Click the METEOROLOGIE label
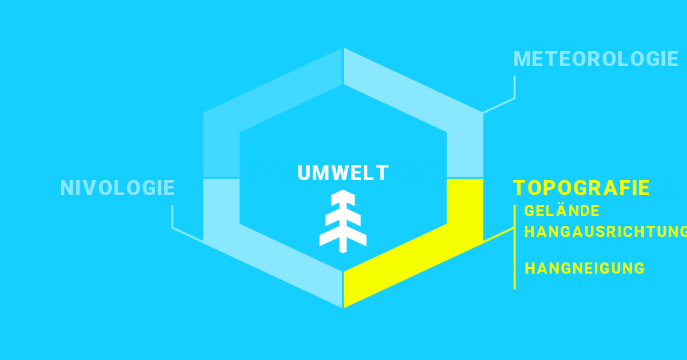point(595,59)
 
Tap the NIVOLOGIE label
point(117,188)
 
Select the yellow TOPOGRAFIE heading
point(582,188)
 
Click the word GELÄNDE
point(561,211)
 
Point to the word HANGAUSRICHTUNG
point(605,232)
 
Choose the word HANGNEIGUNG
point(584,268)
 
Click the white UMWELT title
point(343,173)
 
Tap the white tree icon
point(343,221)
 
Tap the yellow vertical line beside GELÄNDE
point(514,247)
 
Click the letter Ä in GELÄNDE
point(563,210)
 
